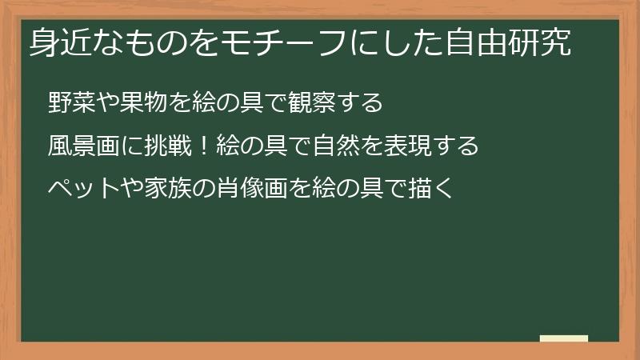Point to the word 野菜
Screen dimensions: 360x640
pyautogui.click(x=69, y=103)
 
